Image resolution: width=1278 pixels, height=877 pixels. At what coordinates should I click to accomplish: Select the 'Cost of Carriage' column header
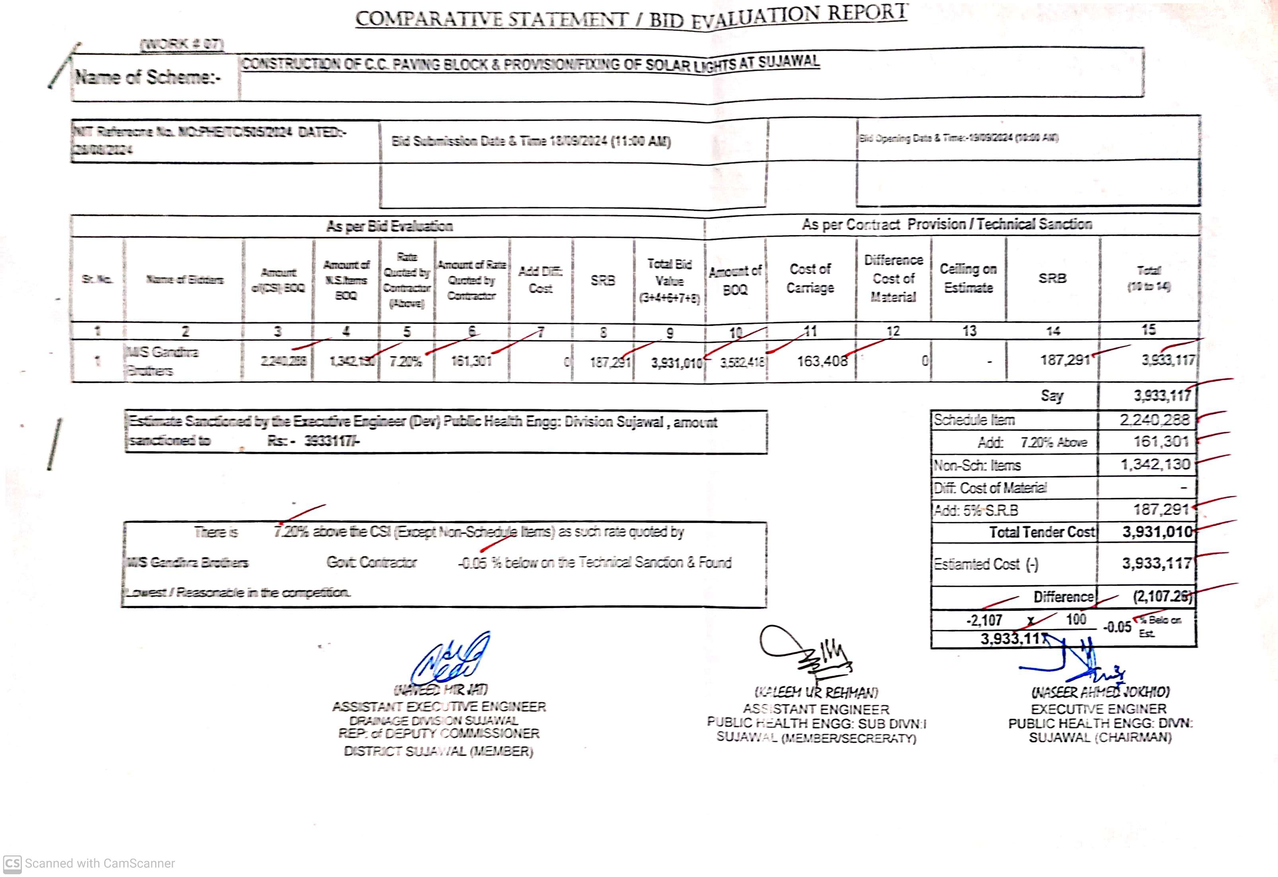coord(810,279)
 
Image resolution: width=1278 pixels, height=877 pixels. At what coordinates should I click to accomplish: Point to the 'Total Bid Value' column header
coord(669,281)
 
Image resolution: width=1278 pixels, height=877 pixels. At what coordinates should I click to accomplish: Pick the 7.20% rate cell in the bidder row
coord(405,362)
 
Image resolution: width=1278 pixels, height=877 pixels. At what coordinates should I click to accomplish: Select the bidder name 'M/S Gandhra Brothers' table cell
coord(162,361)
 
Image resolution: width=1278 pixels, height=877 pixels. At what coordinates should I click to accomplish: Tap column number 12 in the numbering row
coord(893,331)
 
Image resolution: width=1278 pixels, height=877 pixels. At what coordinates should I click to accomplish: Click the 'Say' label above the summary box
coord(1052,396)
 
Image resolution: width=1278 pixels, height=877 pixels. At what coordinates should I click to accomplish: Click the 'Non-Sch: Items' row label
coord(977,466)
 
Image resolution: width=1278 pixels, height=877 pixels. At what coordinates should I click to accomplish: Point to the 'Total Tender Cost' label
coord(1042,532)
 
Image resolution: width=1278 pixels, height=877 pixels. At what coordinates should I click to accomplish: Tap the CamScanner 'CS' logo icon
coord(12,863)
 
